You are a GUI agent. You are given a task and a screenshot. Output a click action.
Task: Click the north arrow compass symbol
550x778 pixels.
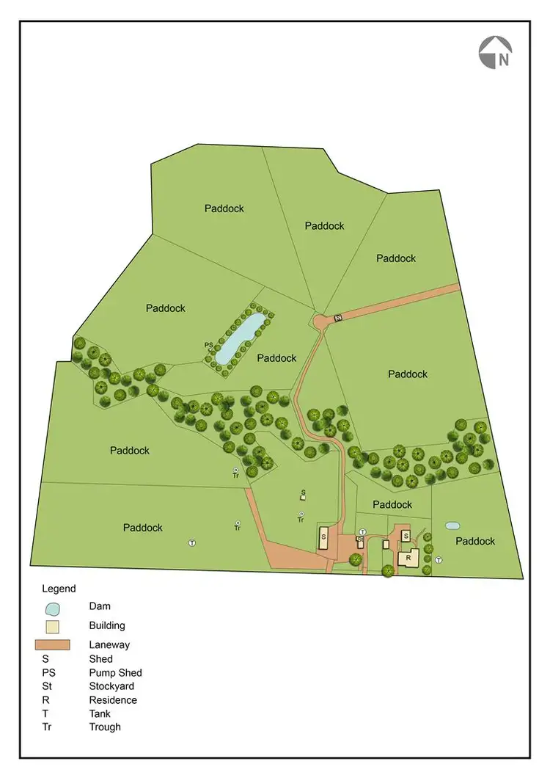click(x=496, y=54)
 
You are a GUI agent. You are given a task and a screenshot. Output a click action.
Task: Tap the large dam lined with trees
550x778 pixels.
click(x=241, y=337)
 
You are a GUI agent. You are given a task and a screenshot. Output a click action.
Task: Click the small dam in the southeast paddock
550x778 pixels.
click(x=452, y=526)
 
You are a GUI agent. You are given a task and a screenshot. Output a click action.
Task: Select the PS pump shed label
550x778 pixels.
click(x=210, y=345)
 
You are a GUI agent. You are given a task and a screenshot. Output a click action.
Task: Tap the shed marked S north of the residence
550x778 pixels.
click(x=405, y=537)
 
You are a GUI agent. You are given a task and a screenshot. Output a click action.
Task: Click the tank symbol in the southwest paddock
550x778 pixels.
click(x=191, y=543)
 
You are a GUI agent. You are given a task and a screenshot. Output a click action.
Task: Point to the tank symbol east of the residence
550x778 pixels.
click(x=439, y=560)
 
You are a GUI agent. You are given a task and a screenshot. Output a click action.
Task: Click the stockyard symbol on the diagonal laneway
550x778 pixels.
click(x=338, y=318)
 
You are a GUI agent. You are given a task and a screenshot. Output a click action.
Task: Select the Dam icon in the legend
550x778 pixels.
click(x=51, y=608)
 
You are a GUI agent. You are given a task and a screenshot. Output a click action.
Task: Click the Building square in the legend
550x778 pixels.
click(x=51, y=626)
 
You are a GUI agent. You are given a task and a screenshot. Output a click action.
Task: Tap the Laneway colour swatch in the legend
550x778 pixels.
click(x=51, y=644)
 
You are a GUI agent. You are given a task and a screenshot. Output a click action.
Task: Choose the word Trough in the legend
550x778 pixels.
click(x=105, y=727)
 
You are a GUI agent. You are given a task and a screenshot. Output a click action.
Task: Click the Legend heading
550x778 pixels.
click(x=59, y=589)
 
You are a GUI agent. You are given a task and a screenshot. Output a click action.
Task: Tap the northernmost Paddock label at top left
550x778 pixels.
click(x=224, y=208)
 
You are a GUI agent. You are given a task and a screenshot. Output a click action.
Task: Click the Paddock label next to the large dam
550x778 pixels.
click(x=276, y=358)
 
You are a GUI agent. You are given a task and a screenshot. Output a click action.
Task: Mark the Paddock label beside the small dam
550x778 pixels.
click(x=475, y=541)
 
